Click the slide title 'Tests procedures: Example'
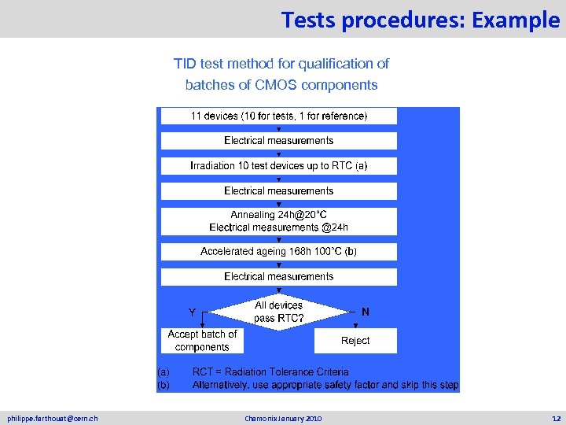coord(420,19)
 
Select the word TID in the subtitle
coord(186,63)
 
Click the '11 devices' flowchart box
coord(278,116)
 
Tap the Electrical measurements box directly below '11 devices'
coord(278,141)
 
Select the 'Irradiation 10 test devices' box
coord(278,166)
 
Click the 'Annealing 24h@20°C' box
coord(278,220)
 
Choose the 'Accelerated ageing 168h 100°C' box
coord(278,252)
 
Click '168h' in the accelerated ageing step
coord(289,252)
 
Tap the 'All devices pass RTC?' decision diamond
coord(278,312)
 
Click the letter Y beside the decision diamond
coord(192,312)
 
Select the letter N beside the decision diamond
coord(366,312)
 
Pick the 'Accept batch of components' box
coord(202,341)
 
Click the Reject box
coord(355,341)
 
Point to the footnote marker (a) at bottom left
coord(164,371)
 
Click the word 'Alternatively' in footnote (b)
coord(223,385)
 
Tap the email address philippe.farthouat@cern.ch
coord(53,417)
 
